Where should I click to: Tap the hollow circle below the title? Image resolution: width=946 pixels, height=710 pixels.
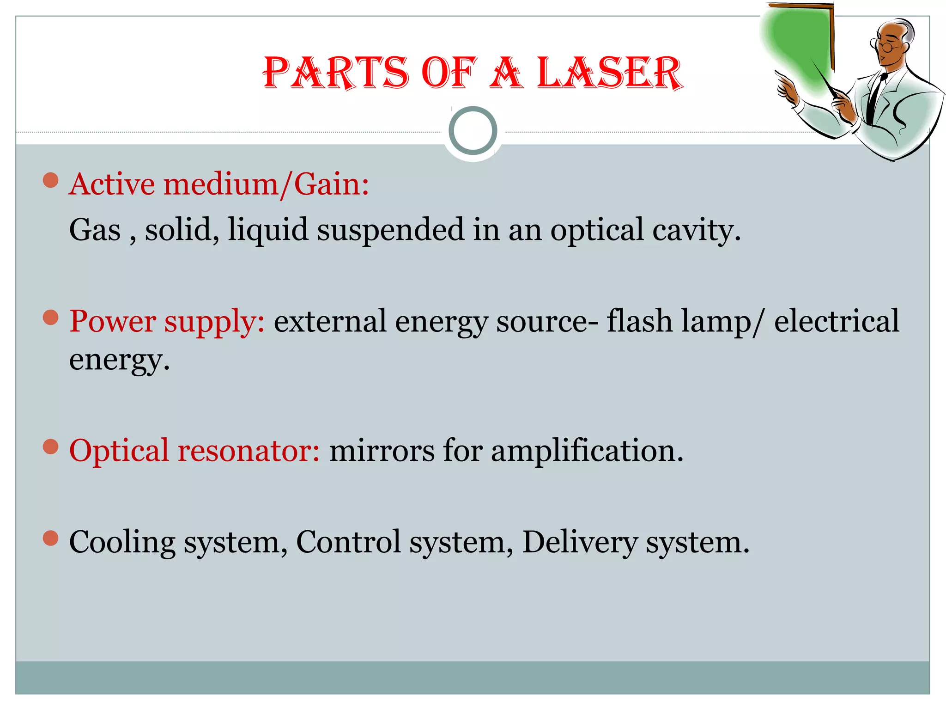pyautogui.click(x=473, y=131)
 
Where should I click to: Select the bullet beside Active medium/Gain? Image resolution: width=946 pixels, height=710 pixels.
pyautogui.click(x=50, y=180)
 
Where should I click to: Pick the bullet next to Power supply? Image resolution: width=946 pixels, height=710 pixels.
pyautogui.click(x=50, y=317)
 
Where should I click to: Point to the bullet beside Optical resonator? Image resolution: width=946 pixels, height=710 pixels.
pyautogui.click(x=50, y=447)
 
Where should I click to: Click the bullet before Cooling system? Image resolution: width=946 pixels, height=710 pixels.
pyautogui.click(x=50, y=538)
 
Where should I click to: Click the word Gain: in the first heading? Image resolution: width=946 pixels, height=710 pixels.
pyautogui.click(x=332, y=184)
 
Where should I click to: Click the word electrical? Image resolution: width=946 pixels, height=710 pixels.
pyautogui.click(x=837, y=321)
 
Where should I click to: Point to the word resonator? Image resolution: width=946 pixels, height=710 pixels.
pyautogui.click(x=249, y=450)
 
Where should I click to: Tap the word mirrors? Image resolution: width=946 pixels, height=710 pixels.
pyautogui.click(x=382, y=450)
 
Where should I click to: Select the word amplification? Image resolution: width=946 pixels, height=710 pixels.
pyautogui.click(x=587, y=450)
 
